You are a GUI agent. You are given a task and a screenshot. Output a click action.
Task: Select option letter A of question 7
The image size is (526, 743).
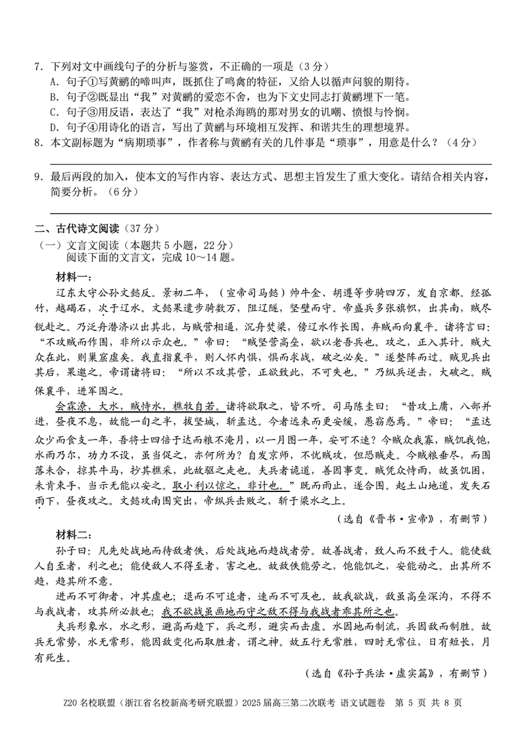[53, 82]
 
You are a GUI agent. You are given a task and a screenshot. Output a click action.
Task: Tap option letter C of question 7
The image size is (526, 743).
[53, 112]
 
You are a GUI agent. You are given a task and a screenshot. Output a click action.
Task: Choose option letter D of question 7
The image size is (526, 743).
[53, 127]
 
